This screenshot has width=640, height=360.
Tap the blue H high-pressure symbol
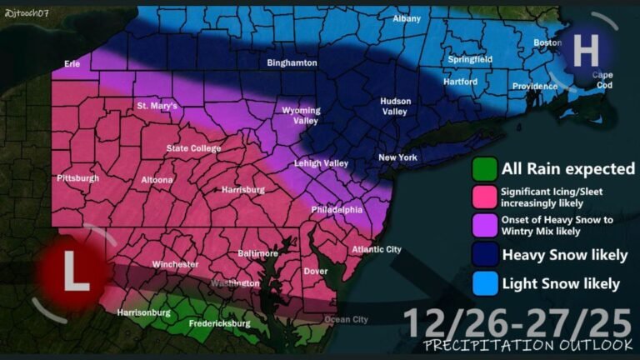(586, 51)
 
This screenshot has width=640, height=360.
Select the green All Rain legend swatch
(485, 169)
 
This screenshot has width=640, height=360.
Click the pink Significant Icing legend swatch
(485, 197)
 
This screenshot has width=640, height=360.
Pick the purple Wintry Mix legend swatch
(485, 225)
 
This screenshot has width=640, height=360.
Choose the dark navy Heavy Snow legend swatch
(485, 253)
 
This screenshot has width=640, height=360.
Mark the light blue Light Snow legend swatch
(485, 283)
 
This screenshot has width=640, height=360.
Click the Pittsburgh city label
(77, 178)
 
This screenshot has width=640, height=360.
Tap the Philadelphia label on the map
(337, 210)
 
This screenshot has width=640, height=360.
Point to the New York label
(397, 157)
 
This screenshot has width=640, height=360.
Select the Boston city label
(547, 42)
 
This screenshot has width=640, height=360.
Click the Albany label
(407, 18)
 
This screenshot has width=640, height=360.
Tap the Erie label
(72, 63)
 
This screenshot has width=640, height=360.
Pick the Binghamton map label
(292, 62)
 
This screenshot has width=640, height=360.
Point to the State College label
(193, 148)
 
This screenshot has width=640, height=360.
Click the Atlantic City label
(376, 249)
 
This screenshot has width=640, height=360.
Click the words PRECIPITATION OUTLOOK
(527, 345)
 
